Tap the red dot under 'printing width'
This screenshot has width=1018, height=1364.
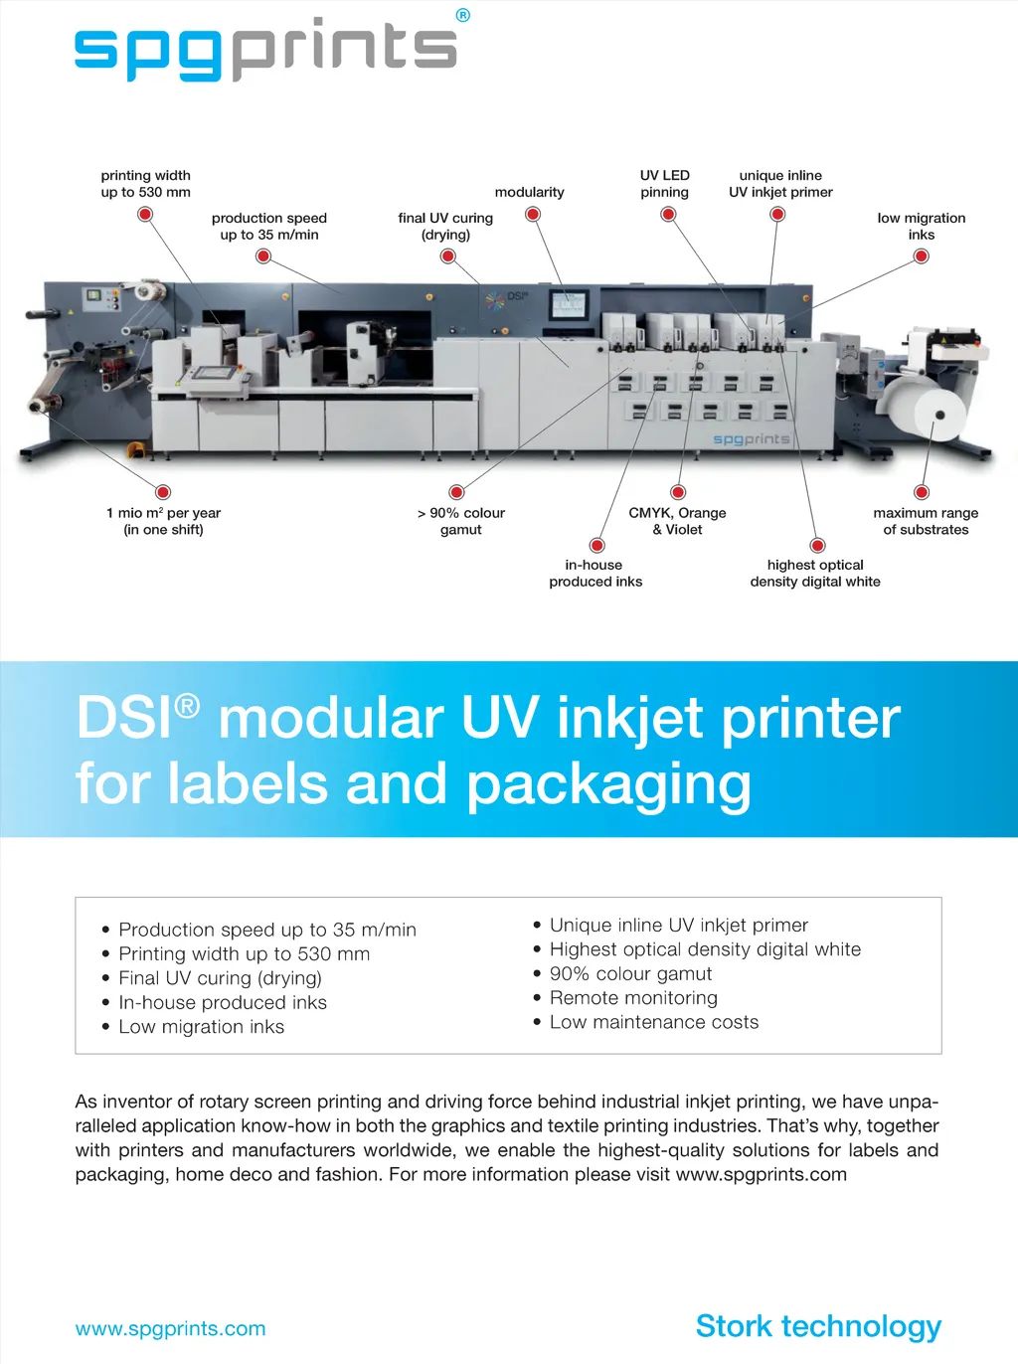point(145,214)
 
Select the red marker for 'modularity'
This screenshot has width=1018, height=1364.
point(533,214)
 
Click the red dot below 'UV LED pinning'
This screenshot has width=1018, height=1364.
point(668,214)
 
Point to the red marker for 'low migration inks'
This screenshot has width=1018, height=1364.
point(922,256)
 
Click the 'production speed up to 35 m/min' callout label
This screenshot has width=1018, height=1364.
point(269,227)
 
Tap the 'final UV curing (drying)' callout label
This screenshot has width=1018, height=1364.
point(445,227)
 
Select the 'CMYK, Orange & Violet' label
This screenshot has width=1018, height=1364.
point(677,521)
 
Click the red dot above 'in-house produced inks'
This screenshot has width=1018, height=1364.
point(596,545)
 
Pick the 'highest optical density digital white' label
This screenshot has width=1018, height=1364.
point(815,574)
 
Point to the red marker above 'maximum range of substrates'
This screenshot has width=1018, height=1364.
point(922,492)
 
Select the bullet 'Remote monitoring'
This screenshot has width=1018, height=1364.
point(633,998)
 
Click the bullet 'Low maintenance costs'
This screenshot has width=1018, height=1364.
point(653,1022)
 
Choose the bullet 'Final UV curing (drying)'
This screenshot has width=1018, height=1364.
point(220,978)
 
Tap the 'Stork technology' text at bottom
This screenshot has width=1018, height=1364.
point(818,1326)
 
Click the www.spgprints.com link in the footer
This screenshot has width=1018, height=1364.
point(170,1329)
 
